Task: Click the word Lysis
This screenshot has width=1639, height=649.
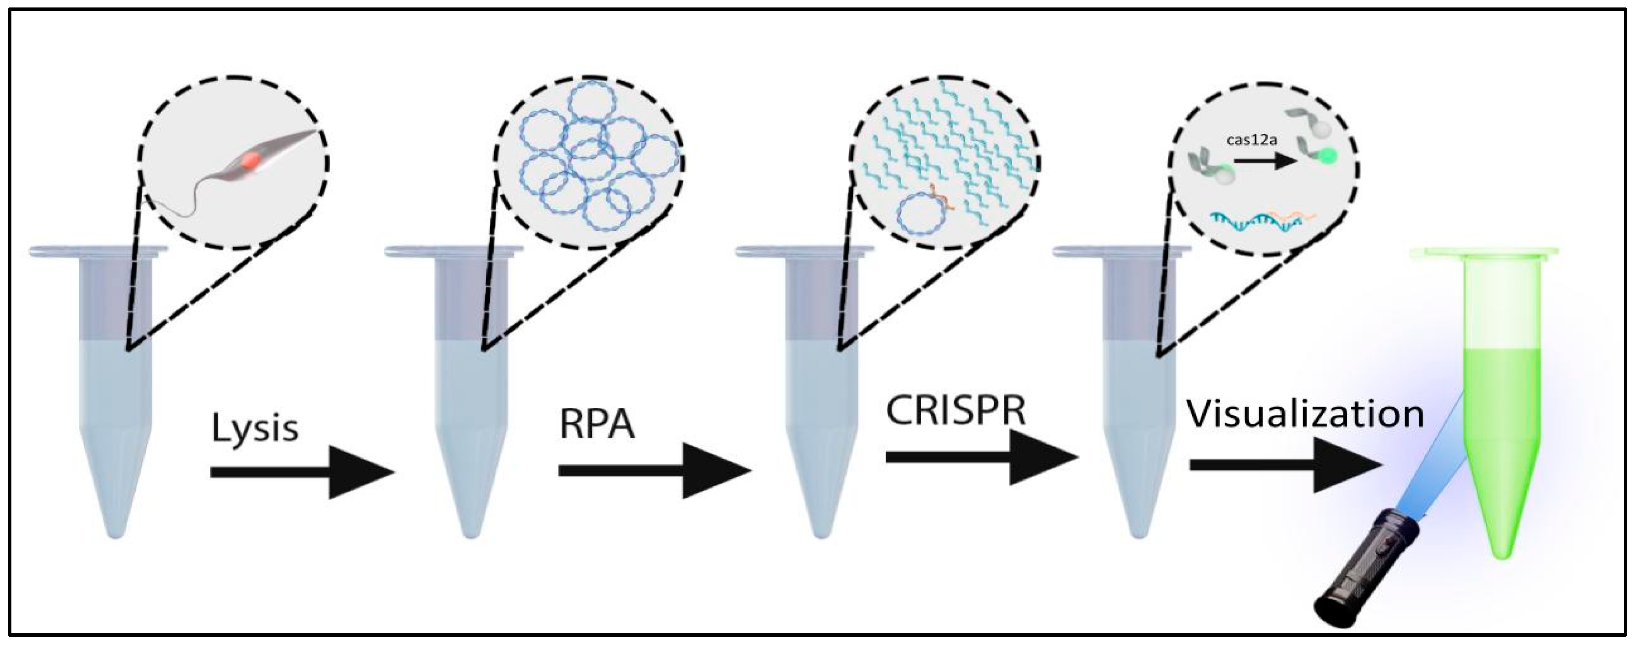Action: point(254,428)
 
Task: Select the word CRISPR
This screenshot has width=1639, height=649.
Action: point(956,411)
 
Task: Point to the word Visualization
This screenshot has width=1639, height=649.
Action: point(1304,415)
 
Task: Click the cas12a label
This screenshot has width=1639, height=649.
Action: point(1251,141)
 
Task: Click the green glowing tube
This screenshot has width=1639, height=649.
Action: point(1503,408)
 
